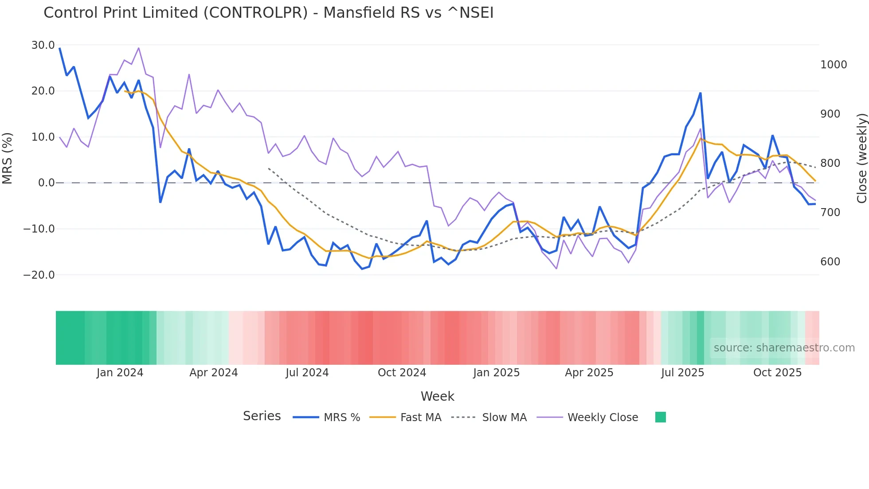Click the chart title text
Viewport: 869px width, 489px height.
coord(268,12)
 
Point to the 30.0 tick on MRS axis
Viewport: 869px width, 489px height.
coord(43,45)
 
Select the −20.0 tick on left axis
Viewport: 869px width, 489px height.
coord(39,275)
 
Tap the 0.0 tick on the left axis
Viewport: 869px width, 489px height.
coord(47,183)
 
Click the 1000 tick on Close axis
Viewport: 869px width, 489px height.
coord(834,65)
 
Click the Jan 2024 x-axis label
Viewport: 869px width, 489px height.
coord(120,373)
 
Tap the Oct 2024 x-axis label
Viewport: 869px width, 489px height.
coord(402,373)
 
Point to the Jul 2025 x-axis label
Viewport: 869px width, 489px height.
coord(682,373)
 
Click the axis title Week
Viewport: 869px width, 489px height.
coord(437,396)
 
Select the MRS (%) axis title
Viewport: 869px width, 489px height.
coord(7,158)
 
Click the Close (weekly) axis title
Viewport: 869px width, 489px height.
coord(861,158)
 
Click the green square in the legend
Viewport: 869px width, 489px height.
coord(660,417)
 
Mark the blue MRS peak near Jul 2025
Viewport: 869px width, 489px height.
coord(701,93)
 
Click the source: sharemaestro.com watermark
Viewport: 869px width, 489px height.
coord(784,348)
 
